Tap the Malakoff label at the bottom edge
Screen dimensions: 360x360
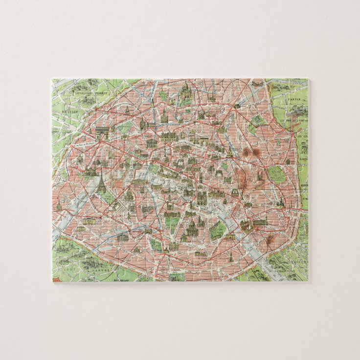pyautogui.click(x=122, y=280)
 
